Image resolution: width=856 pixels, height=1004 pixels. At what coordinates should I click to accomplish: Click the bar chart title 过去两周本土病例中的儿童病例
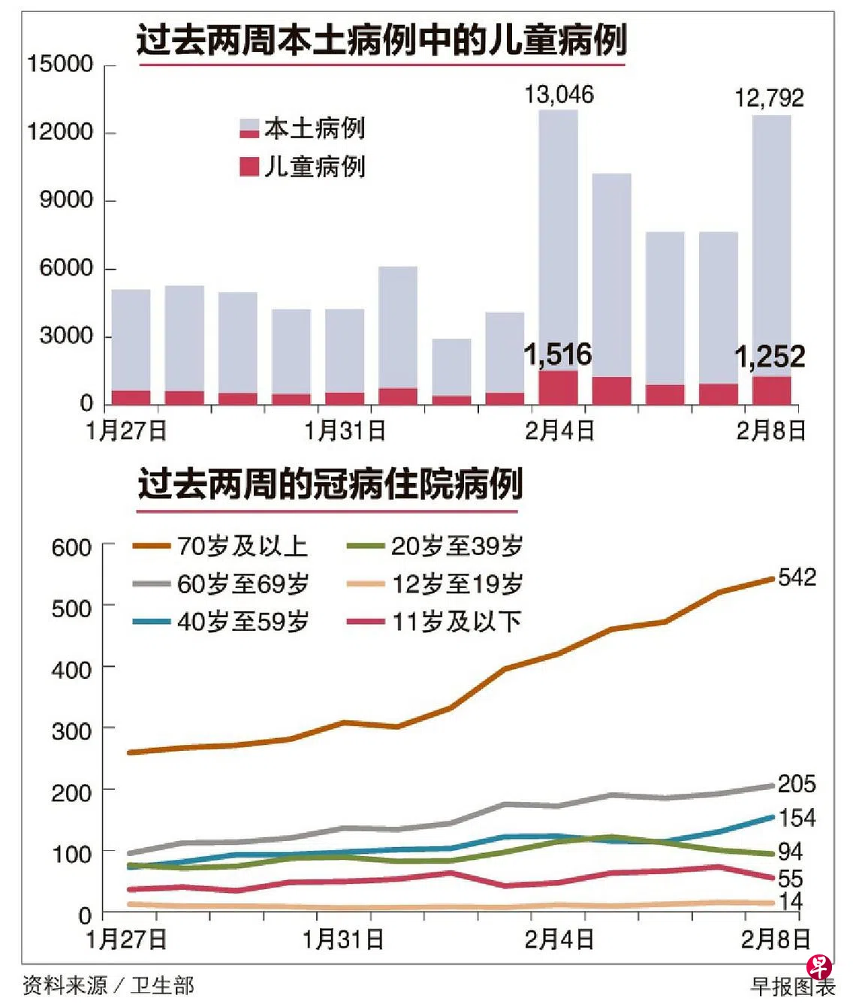[381, 39]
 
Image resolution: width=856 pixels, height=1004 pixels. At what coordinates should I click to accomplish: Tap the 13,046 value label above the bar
[559, 95]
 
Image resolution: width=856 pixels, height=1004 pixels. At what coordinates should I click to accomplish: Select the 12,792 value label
[769, 98]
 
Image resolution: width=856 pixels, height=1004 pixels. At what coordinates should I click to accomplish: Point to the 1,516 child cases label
[558, 354]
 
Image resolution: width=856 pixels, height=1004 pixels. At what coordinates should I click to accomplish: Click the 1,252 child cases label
[770, 357]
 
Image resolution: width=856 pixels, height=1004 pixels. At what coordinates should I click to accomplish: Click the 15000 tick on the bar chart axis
[60, 64]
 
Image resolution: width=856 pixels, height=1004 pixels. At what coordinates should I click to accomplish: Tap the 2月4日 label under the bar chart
[559, 431]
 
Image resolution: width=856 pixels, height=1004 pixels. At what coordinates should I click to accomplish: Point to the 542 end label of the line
[797, 577]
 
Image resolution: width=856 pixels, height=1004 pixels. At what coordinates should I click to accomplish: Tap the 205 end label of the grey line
[797, 784]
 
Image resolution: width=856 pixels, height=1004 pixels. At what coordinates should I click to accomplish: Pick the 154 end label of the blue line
[797, 818]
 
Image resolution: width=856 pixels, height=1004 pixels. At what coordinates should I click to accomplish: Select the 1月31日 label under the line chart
[343, 939]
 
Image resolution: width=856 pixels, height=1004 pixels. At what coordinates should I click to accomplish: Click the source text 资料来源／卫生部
[108, 985]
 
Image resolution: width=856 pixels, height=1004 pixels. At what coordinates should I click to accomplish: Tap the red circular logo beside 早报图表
[818, 967]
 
